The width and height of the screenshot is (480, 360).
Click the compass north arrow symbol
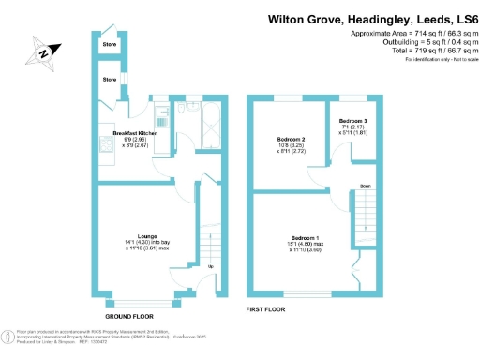[x=44, y=55]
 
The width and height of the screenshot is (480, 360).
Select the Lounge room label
[x=145, y=235]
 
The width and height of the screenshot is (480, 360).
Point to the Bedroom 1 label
[x=306, y=238]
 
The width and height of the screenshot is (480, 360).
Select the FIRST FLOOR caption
[x=264, y=308]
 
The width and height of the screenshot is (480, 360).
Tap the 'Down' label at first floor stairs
[x=364, y=187]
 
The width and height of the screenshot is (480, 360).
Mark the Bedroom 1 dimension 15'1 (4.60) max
[x=306, y=246]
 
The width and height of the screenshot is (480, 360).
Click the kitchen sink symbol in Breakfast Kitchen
[x=105, y=144]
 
